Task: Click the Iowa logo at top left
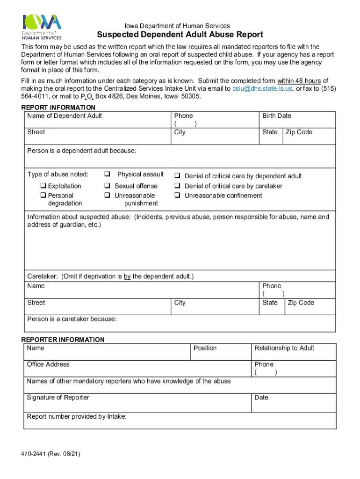click(42, 27)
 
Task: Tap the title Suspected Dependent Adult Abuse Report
click(180, 35)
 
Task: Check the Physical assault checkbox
click(107, 174)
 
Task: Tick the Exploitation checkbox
click(43, 186)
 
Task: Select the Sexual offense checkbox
click(107, 186)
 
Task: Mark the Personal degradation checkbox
click(43, 196)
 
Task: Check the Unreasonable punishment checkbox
click(107, 196)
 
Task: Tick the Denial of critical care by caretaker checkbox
click(178, 186)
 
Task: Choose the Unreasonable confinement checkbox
click(178, 196)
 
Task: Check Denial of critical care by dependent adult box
click(178, 176)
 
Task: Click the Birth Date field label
click(276, 116)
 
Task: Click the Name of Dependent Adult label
click(65, 116)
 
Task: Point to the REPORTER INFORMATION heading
click(63, 340)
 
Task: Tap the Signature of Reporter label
click(58, 398)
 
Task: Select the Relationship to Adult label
click(284, 348)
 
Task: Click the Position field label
click(205, 348)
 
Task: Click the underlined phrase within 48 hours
click(299, 80)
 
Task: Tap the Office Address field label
click(48, 364)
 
